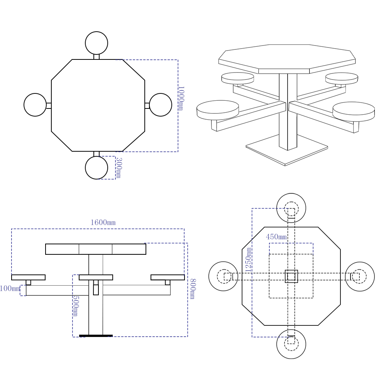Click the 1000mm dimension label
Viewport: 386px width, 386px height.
click(181, 98)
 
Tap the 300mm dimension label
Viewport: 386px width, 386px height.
click(119, 168)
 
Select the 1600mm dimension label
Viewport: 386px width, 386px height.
click(103, 223)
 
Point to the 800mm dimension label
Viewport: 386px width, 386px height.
click(193, 289)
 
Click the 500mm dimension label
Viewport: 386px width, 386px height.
click(76, 306)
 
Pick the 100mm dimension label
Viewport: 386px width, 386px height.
click(10, 288)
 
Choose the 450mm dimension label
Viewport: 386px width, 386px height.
click(276, 237)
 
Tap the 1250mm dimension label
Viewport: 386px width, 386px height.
click(248, 259)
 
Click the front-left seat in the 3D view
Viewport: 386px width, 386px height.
click(218, 110)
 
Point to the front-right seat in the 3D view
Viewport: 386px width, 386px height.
click(354, 112)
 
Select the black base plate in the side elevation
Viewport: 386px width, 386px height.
click(96, 335)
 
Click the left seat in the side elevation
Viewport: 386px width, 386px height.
click(28, 278)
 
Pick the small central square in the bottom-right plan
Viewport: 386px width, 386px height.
click(291, 276)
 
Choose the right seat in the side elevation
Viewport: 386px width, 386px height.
click(168, 278)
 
